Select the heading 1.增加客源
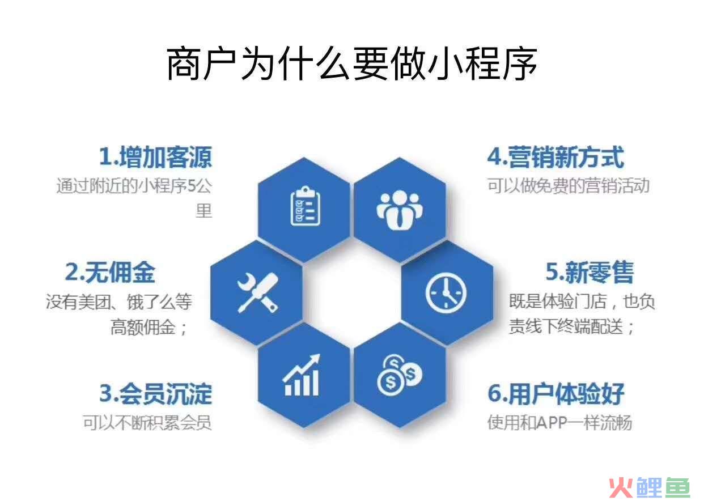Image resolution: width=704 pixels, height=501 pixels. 156,157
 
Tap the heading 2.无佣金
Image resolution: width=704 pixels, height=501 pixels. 110,272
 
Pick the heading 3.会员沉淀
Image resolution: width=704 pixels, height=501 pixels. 156,393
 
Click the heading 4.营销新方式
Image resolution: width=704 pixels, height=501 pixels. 555,157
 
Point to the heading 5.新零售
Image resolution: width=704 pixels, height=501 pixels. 590,272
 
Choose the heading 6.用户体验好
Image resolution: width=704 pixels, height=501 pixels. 555,393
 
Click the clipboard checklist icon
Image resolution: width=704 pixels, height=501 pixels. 305,206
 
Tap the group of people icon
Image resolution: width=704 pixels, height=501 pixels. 400,210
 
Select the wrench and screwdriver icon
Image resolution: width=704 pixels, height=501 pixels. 258,293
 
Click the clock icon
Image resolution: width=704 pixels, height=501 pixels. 446,293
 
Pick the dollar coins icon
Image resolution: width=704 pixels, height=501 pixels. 400,375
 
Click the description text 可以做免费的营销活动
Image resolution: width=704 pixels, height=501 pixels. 568,185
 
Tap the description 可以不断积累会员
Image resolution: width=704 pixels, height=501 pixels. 147,422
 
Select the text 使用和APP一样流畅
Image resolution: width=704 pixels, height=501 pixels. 559,422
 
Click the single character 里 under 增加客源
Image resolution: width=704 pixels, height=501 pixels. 203,211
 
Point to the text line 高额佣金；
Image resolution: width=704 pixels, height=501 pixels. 149,327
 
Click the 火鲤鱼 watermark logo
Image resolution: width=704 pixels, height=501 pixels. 650,487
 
